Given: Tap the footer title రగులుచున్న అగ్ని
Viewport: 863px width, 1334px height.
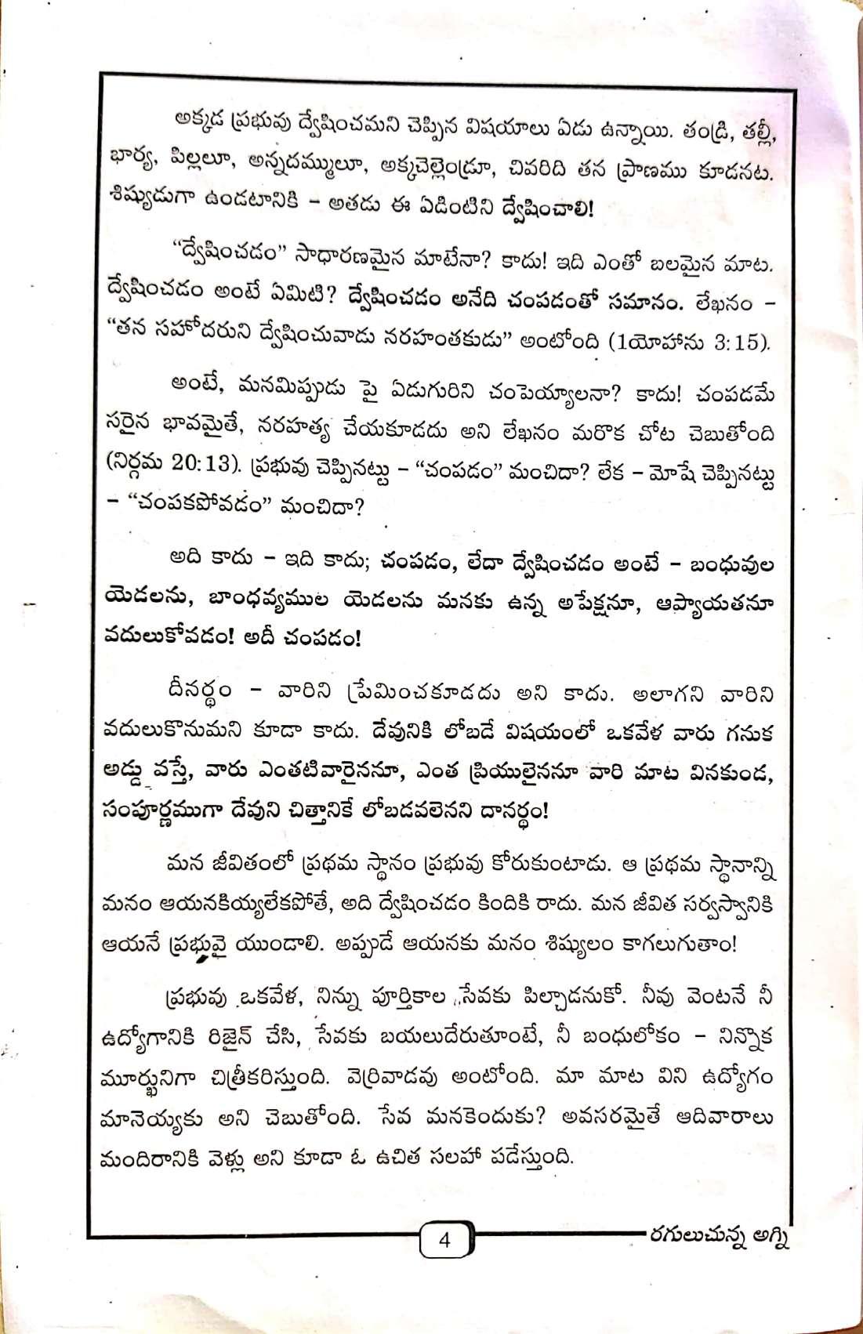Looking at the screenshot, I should (715, 1234).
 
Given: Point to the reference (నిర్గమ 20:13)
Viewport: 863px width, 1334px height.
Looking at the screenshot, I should (172, 464).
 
